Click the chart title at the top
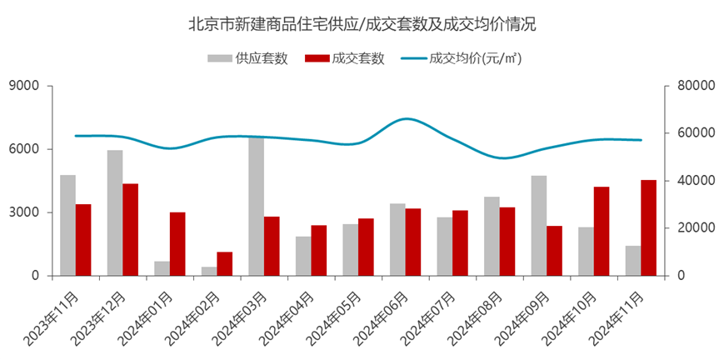[x=362, y=23]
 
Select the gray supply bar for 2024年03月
[x=257, y=206]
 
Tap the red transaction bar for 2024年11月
[x=648, y=227]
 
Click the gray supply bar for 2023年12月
[x=115, y=212]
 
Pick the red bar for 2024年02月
[x=225, y=263]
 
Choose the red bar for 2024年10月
[x=602, y=231]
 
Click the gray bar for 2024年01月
[x=162, y=268]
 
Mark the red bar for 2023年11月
[x=83, y=239]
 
